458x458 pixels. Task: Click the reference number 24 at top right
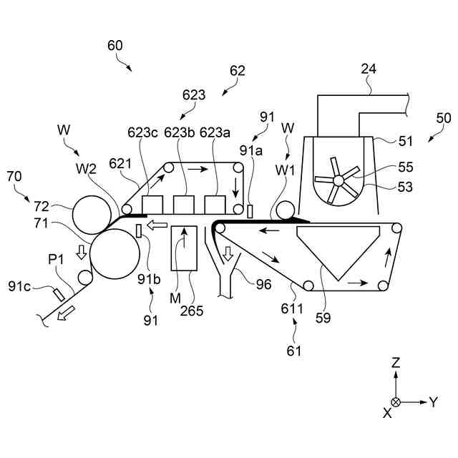pos(369,70)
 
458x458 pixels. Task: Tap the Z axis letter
pos(395,363)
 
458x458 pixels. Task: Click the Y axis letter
pos(433,402)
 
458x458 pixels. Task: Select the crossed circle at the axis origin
pos(396,402)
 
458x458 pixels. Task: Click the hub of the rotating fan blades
pos(338,180)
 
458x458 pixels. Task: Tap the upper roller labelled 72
pos(91,213)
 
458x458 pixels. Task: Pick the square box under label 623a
pos(215,205)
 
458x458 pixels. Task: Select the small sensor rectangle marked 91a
pos(250,213)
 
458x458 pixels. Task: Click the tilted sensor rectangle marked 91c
pos(59,293)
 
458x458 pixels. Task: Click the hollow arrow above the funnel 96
pos(228,253)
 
